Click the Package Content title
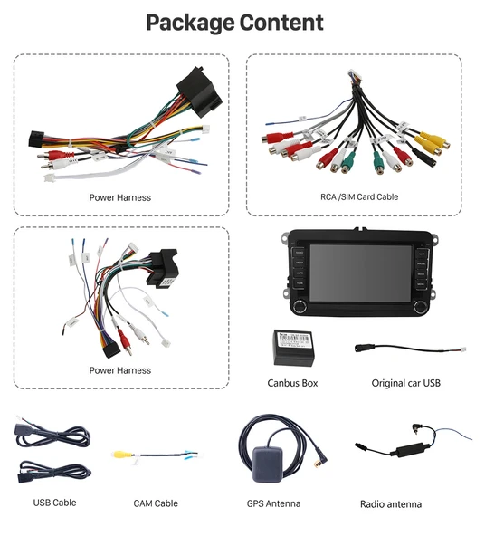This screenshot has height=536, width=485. [x=234, y=23]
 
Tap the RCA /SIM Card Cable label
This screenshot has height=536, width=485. [x=359, y=196]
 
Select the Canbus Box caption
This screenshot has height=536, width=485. [x=292, y=383]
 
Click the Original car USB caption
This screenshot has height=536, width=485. [x=405, y=383]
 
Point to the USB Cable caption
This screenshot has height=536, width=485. [x=54, y=502]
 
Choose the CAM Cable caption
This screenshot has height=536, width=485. [x=156, y=502]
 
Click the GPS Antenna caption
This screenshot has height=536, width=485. [x=273, y=502]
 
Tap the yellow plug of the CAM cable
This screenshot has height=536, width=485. [x=120, y=456]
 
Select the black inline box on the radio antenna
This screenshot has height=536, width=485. [x=399, y=450]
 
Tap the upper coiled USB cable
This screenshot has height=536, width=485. [x=54, y=436]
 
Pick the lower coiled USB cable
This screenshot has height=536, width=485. [x=54, y=472]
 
